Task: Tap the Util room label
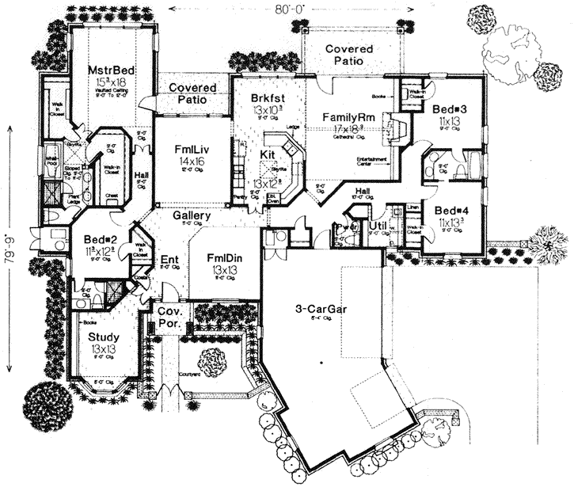coord(377,228)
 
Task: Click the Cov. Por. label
coord(169,318)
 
